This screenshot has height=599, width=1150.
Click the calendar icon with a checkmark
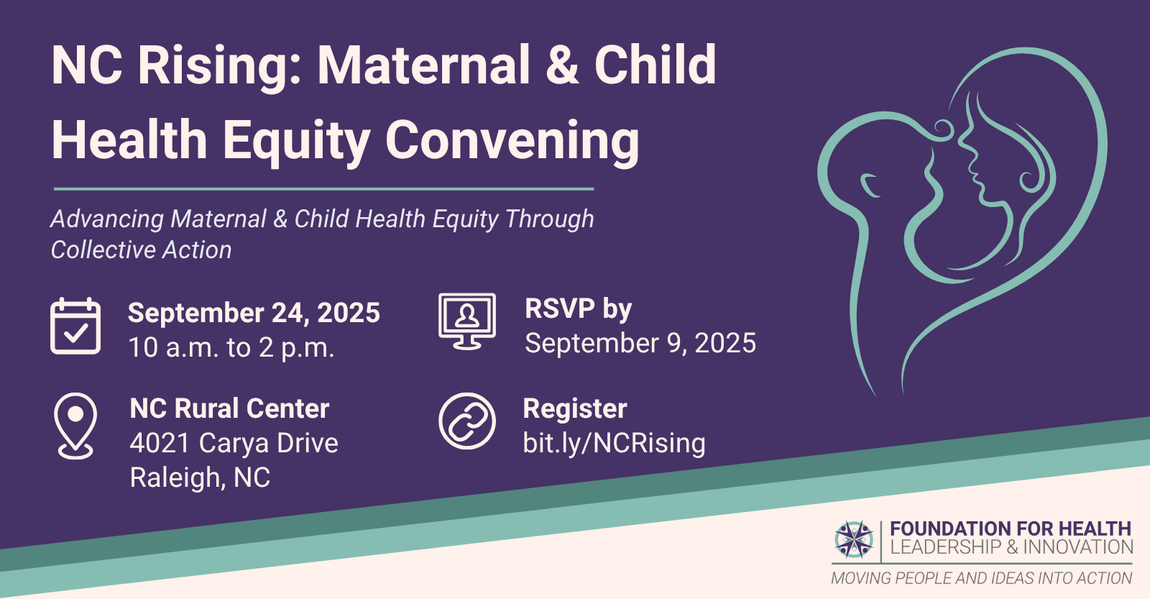(x=75, y=326)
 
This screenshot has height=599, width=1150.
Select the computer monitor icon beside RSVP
(x=467, y=321)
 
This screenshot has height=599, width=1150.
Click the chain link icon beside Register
(x=467, y=421)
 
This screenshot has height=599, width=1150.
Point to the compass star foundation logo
(x=854, y=539)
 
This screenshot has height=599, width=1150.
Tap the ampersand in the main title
(x=562, y=65)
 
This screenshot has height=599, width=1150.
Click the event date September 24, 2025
(x=254, y=313)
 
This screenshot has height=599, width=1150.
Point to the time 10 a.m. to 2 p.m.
(x=231, y=348)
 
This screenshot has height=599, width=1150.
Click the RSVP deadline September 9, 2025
(x=640, y=343)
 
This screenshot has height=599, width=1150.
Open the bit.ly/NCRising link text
(x=614, y=443)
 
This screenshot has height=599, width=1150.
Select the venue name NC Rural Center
(x=229, y=408)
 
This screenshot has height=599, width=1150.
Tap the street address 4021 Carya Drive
(x=234, y=443)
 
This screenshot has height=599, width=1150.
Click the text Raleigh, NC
(x=200, y=477)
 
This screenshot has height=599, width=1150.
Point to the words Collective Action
(x=141, y=250)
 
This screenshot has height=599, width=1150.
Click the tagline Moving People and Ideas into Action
(x=982, y=578)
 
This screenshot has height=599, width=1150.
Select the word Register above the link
(x=575, y=409)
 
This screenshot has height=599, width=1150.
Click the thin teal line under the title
(x=324, y=189)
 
